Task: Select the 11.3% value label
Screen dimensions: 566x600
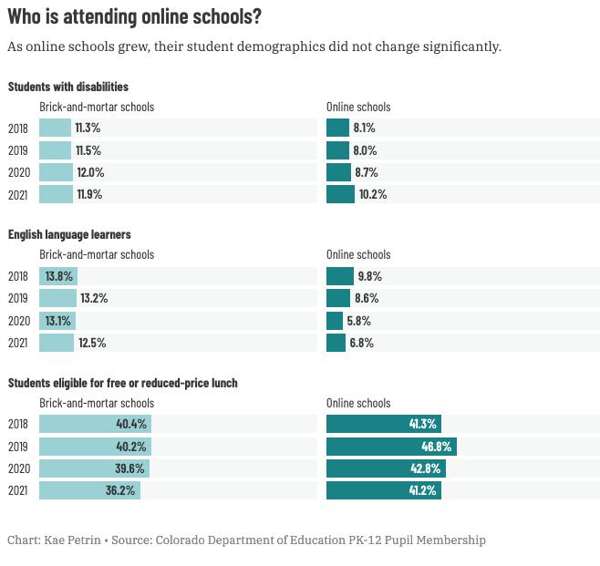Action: (x=88, y=129)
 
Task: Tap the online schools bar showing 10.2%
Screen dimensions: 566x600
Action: (x=340, y=194)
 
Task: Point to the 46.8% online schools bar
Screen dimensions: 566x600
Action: (x=390, y=447)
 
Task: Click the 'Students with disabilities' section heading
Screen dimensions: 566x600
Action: (x=68, y=87)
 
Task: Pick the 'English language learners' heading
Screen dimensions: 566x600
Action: (x=70, y=234)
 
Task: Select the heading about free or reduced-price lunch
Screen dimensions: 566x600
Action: (x=123, y=383)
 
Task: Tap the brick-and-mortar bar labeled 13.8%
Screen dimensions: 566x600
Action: (x=57, y=276)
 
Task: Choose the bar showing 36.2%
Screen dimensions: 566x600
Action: (x=89, y=490)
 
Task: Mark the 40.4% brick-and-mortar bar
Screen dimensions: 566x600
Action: (x=95, y=424)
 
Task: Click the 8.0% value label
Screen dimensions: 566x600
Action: (x=365, y=150)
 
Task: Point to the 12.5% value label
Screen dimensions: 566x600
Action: (x=93, y=343)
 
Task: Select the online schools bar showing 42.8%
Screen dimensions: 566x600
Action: (x=386, y=468)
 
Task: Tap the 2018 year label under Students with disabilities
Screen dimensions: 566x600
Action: (x=18, y=129)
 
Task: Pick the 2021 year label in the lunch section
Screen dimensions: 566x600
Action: (x=18, y=490)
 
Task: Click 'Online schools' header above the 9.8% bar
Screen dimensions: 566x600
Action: (x=358, y=255)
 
